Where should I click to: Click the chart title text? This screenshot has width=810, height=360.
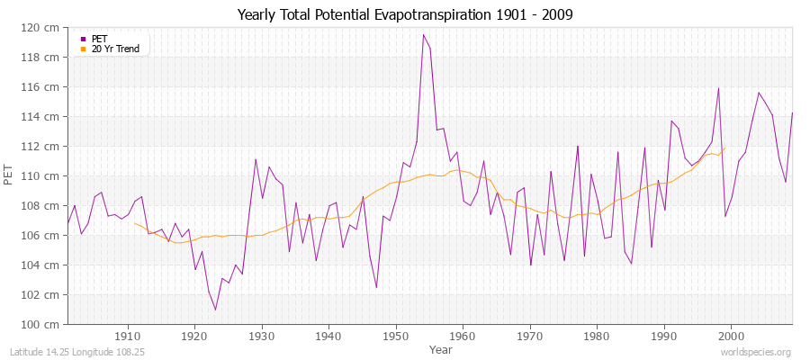point(405,14)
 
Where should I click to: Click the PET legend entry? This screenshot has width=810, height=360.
point(99,39)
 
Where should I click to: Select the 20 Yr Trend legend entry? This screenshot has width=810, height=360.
point(115,49)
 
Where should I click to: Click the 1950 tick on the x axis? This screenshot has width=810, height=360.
point(396,336)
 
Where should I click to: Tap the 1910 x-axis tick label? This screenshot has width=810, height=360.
point(128,336)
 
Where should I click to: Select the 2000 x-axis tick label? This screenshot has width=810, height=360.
point(731,336)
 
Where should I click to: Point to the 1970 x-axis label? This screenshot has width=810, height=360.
point(530,336)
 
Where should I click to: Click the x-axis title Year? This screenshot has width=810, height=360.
point(441,348)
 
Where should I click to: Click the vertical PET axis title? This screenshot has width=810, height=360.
point(9,175)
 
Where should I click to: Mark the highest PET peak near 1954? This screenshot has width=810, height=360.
point(423,35)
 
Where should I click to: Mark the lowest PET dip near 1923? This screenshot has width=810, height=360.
point(215,310)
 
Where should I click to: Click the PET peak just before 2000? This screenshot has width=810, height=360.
point(718,88)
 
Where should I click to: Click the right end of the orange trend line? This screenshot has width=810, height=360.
point(724,148)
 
